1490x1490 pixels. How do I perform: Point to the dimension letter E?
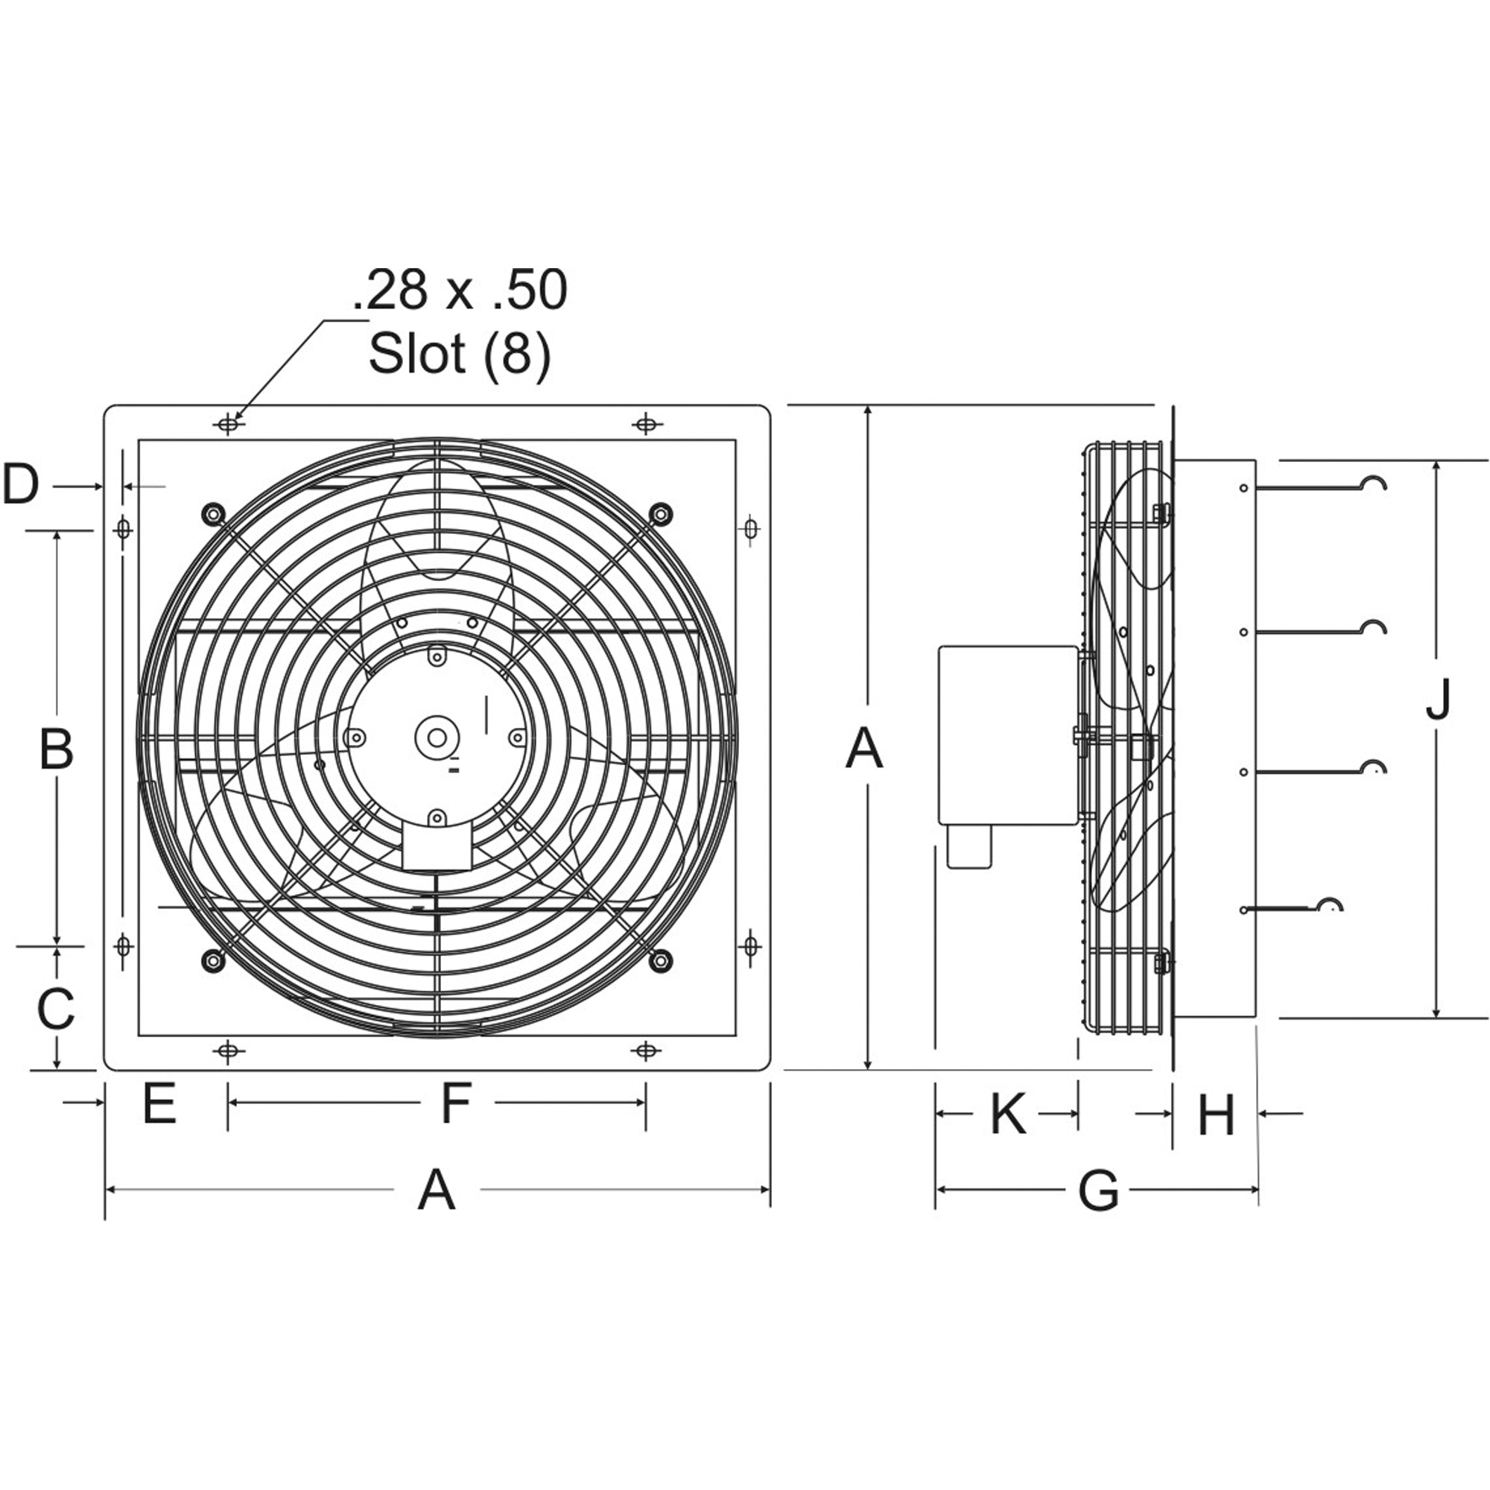(159, 1103)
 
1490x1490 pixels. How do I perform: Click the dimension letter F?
(457, 1103)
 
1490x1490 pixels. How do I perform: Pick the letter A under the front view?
(437, 1190)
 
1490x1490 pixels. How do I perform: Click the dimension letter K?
(1007, 1114)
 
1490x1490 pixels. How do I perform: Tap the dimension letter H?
(1217, 1115)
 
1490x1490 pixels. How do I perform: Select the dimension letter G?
(1097, 1190)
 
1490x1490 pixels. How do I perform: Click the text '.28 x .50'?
(460, 291)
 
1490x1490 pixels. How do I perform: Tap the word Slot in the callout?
(417, 353)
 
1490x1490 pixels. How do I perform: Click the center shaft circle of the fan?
(437, 738)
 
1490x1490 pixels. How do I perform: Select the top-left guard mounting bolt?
(212, 513)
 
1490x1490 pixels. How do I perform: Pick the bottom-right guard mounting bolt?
(660, 960)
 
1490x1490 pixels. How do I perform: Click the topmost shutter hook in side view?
(1374, 484)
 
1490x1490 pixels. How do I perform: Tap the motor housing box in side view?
(1007, 735)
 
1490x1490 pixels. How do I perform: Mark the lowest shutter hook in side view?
(1329, 905)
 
